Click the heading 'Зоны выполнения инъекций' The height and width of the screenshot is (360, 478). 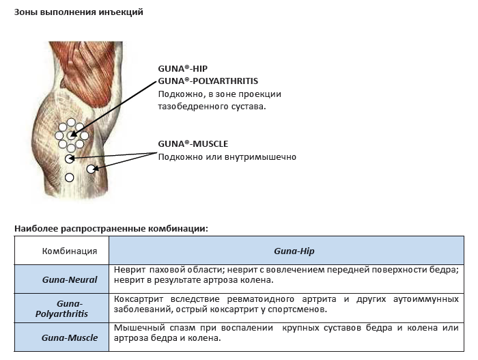pos(79,12)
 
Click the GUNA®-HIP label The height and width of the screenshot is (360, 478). pos(182,68)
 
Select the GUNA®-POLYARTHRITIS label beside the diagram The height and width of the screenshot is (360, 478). pos(208,81)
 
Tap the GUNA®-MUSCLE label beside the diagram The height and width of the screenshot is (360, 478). pos(193,143)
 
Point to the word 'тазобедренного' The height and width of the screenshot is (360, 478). pos(192,107)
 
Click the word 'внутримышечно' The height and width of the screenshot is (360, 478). pos(260,157)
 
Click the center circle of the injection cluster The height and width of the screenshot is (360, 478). pos(71,135)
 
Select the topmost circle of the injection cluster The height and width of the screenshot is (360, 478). pos(71,122)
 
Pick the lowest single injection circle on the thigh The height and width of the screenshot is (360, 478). pos(70,177)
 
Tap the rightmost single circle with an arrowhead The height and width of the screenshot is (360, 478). pos(91,169)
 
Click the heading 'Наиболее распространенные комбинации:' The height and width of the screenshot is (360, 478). pos(111,229)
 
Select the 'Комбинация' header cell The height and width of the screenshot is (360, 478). pos(70,251)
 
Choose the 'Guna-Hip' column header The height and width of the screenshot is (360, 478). pos(294,251)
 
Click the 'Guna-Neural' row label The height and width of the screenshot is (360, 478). pos(70,279)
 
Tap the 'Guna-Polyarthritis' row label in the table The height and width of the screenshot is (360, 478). pos(61,309)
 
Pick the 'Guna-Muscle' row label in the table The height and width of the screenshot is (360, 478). pos(70,337)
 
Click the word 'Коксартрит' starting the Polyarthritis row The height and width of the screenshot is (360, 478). pos(139,299)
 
